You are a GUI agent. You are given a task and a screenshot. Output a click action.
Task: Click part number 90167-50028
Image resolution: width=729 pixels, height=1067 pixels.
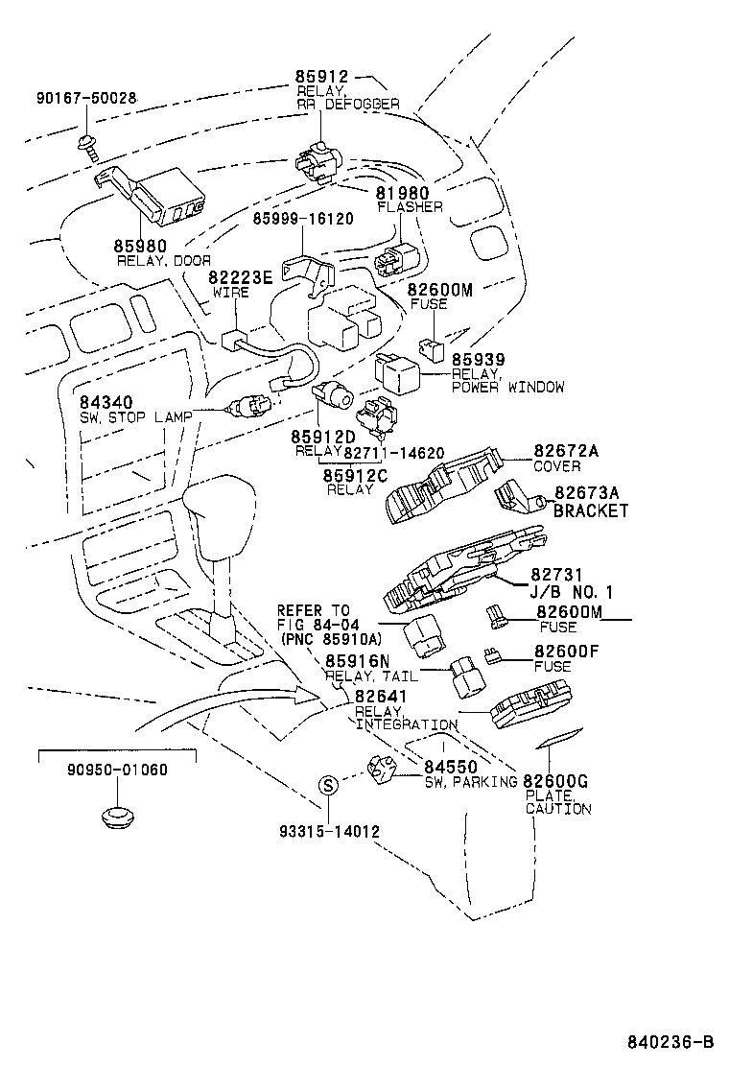(86, 98)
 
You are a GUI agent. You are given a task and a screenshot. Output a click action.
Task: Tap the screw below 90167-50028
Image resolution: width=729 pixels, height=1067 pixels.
(87, 146)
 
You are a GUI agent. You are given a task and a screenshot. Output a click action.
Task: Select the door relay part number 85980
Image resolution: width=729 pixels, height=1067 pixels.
(141, 246)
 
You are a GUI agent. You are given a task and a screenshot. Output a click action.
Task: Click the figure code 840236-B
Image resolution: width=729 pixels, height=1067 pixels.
(670, 1042)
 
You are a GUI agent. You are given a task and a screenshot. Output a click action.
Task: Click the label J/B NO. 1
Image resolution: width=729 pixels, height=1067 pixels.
(572, 592)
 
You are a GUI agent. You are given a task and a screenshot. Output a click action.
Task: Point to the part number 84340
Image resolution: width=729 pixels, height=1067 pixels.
(106, 402)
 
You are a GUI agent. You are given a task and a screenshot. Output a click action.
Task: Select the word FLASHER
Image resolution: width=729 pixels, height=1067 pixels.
(410, 207)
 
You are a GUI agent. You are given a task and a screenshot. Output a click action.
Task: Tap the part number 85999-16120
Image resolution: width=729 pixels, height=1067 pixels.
(303, 219)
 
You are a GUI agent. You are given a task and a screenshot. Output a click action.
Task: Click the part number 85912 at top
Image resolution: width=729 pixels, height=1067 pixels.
(321, 78)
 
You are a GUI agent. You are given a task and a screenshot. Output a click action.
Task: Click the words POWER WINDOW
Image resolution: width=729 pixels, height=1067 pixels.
(507, 387)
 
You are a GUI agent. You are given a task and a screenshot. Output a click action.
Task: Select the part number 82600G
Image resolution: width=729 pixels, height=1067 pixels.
(555, 782)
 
